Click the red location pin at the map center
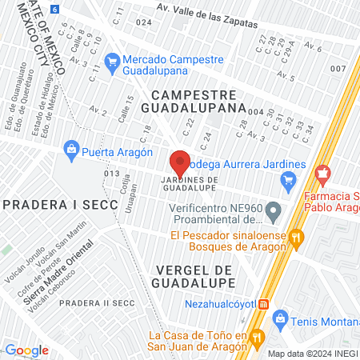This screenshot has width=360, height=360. (x=180, y=162)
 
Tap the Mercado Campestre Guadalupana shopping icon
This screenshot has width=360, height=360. (x=113, y=59)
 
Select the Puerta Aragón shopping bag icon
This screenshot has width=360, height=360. (x=73, y=148)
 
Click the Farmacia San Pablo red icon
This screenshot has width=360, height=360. (x=322, y=172)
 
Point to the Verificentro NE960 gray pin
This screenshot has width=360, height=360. (x=274, y=213)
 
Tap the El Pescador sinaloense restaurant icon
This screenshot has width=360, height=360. (x=296, y=236)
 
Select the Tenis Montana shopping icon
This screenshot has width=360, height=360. (x=280, y=320)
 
